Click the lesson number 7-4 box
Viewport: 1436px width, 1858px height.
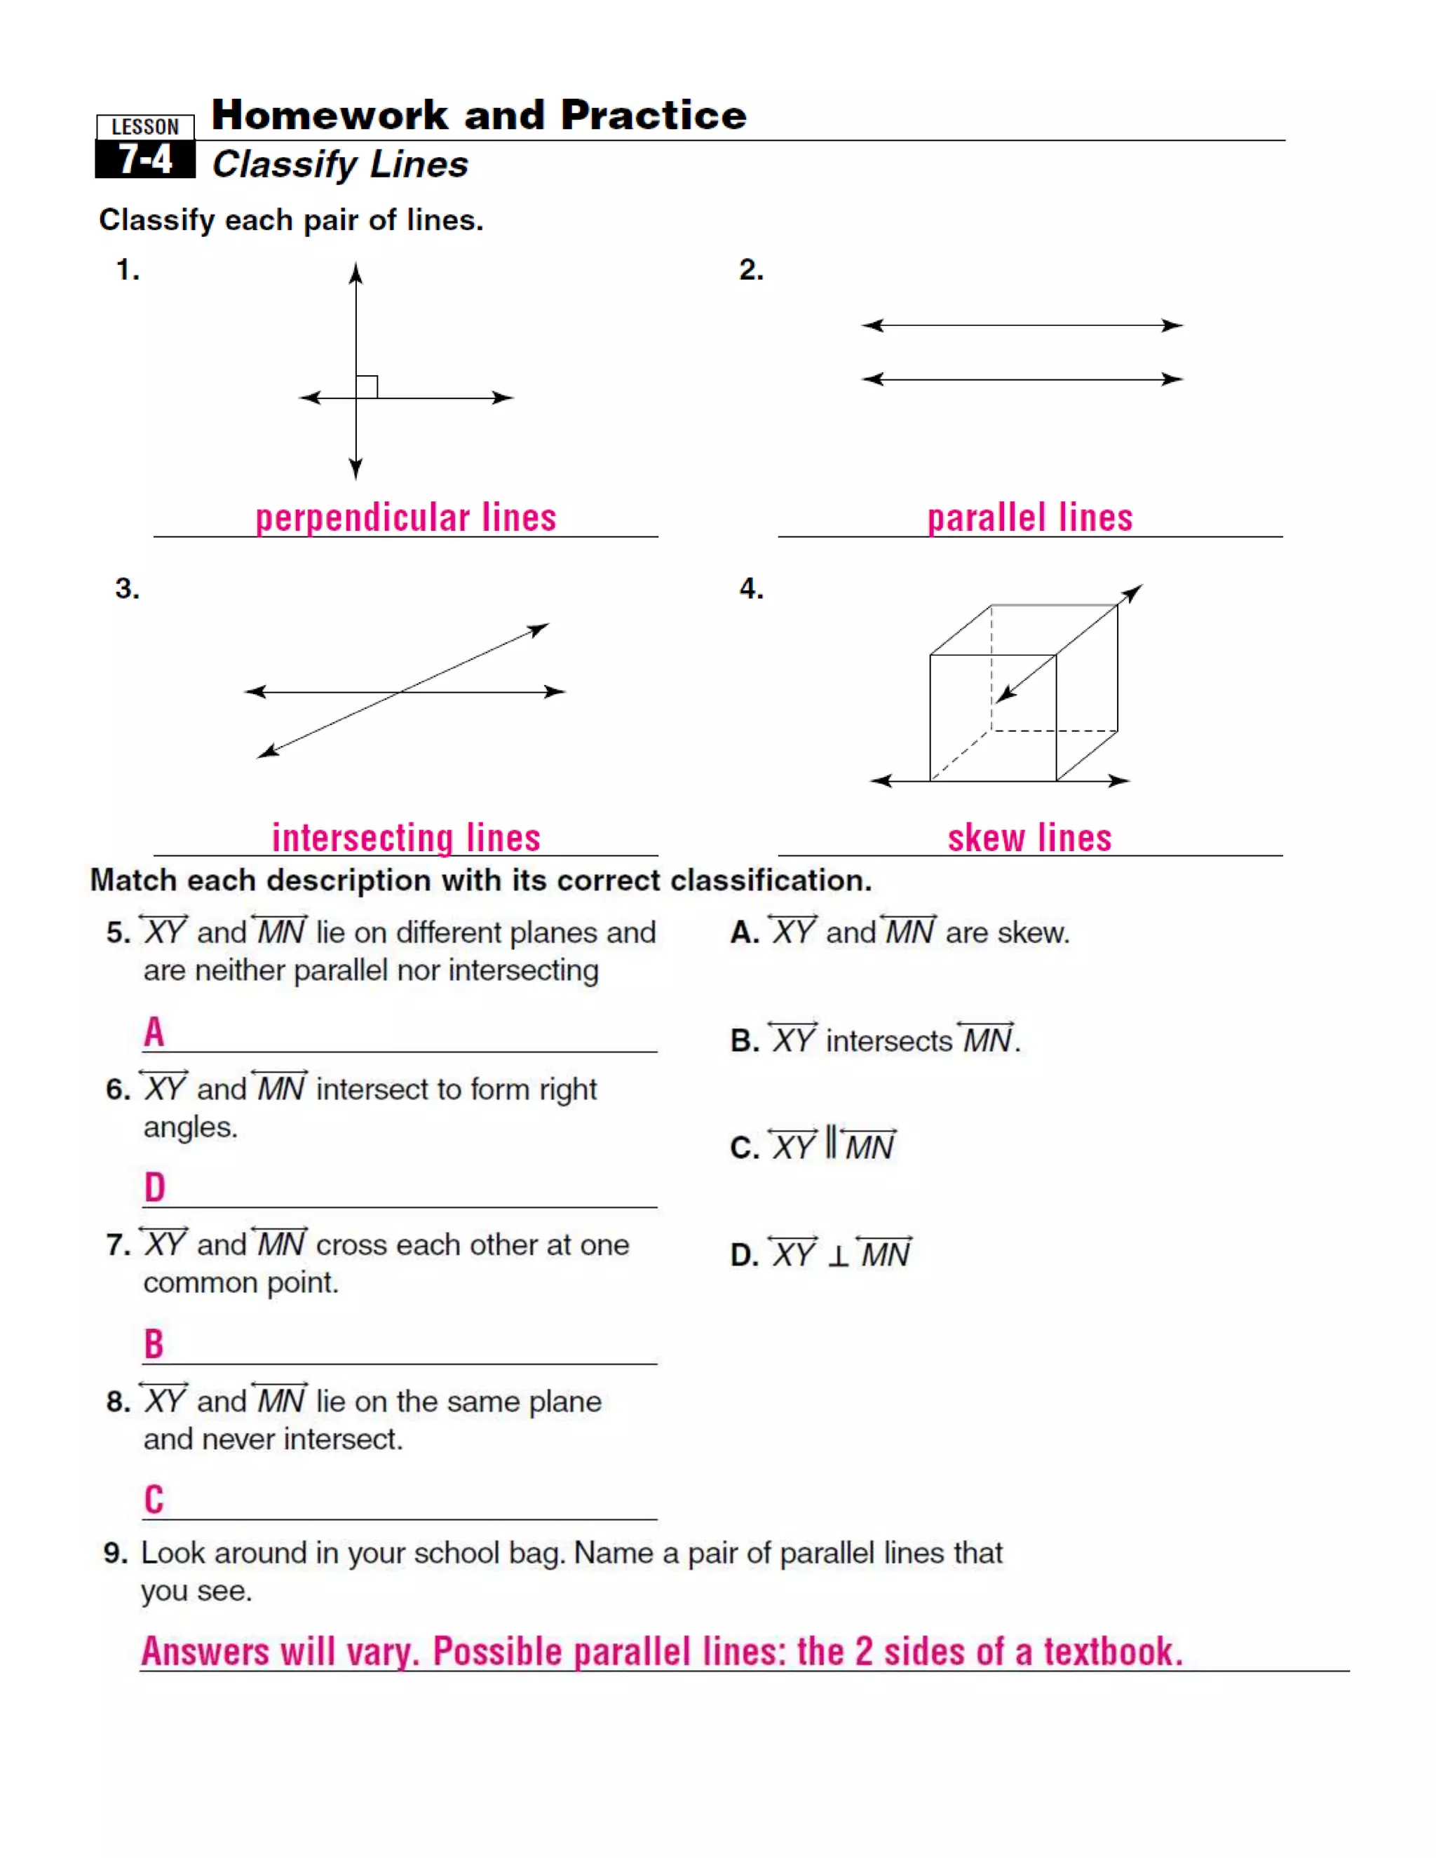click(x=144, y=159)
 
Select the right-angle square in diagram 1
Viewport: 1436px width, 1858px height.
click(x=367, y=387)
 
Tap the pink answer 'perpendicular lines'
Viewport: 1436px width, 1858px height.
click(x=406, y=518)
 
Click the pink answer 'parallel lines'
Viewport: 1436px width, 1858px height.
click(x=1029, y=518)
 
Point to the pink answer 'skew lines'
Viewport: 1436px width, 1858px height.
click(x=1029, y=838)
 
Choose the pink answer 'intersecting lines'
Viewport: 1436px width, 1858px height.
click(x=406, y=838)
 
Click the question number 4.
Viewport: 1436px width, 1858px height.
click(x=750, y=589)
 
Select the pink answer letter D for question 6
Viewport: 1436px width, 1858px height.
click(x=154, y=1188)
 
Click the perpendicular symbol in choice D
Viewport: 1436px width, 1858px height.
click(x=838, y=1256)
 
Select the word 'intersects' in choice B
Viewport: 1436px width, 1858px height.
click(x=889, y=1041)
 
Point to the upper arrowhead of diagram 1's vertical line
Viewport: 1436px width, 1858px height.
click(x=355, y=272)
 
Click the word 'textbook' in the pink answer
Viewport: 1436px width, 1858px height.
click(x=1113, y=1652)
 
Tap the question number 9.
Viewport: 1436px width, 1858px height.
click(x=116, y=1554)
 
